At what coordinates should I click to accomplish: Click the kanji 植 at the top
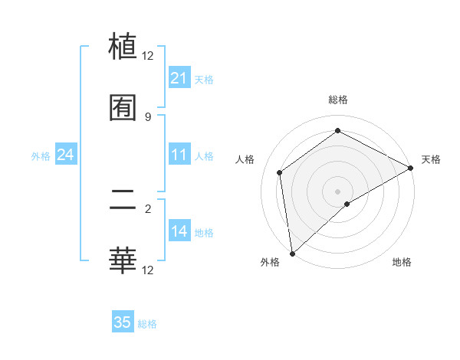pyautogui.click(x=123, y=46)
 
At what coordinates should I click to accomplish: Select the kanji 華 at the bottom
pyautogui.click(x=123, y=260)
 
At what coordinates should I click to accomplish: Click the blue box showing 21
pyautogui.click(x=179, y=78)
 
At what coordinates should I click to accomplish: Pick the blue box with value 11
pyautogui.click(x=179, y=155)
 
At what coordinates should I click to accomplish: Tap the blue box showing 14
pyautogui.click(x=179, y=232)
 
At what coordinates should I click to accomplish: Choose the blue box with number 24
pyautogui.click(x=65, y=155)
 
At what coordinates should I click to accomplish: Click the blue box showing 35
pyautogui.click(x=123, y=322)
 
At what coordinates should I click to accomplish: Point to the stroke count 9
pyautogui.click(x=148, y=116)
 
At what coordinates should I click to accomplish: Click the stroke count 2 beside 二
pyautogui.click(x=148, y=208)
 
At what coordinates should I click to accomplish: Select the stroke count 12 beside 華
pyautogui.click(x=148, y=270)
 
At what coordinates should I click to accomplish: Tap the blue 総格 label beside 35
pyautogui.click(x=147, y=324)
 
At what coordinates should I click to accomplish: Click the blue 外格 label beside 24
pyautogui.click(x=41, y=156)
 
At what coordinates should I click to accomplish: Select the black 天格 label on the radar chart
pyautogui.click(x=431, y=159)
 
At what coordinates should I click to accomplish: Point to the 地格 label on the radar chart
pyautogui.click(x=402, y=262)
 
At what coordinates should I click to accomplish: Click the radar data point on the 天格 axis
pyautogui.click(x=411, y=168)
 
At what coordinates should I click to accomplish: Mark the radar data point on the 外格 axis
pyautogui.click(x=292, y=253)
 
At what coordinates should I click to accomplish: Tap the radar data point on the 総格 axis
pyautogui.click(x=337, y=131)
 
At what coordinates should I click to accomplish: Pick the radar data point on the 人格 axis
pyautogui.click(x=280, y=172)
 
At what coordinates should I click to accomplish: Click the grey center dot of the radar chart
pyautogui.click(x=337, y=191)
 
